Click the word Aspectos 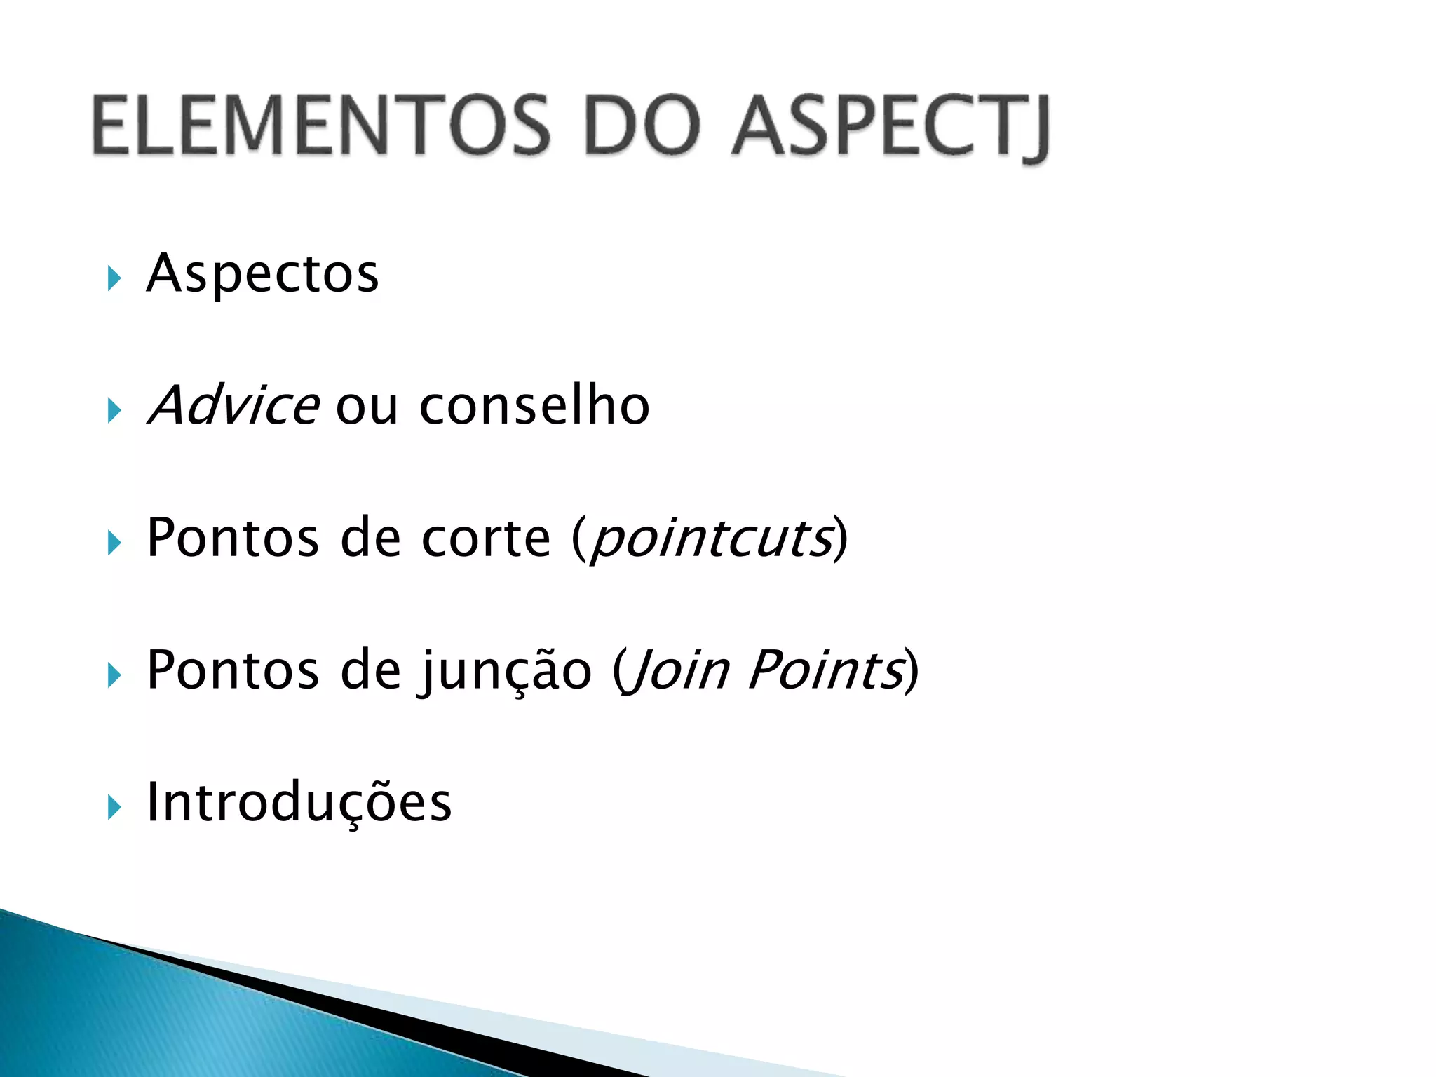(x=262, y=273)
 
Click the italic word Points (x=825, y=670)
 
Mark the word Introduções (x=299, y=802)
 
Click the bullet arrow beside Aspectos (x=115, y=278)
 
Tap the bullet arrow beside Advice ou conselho (x=115, y=410)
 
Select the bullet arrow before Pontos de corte (x=115, y=543)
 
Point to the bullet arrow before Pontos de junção (x=115, y=675)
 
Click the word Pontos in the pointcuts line (x=233, y=538)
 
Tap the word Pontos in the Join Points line (x=233, y=670)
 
